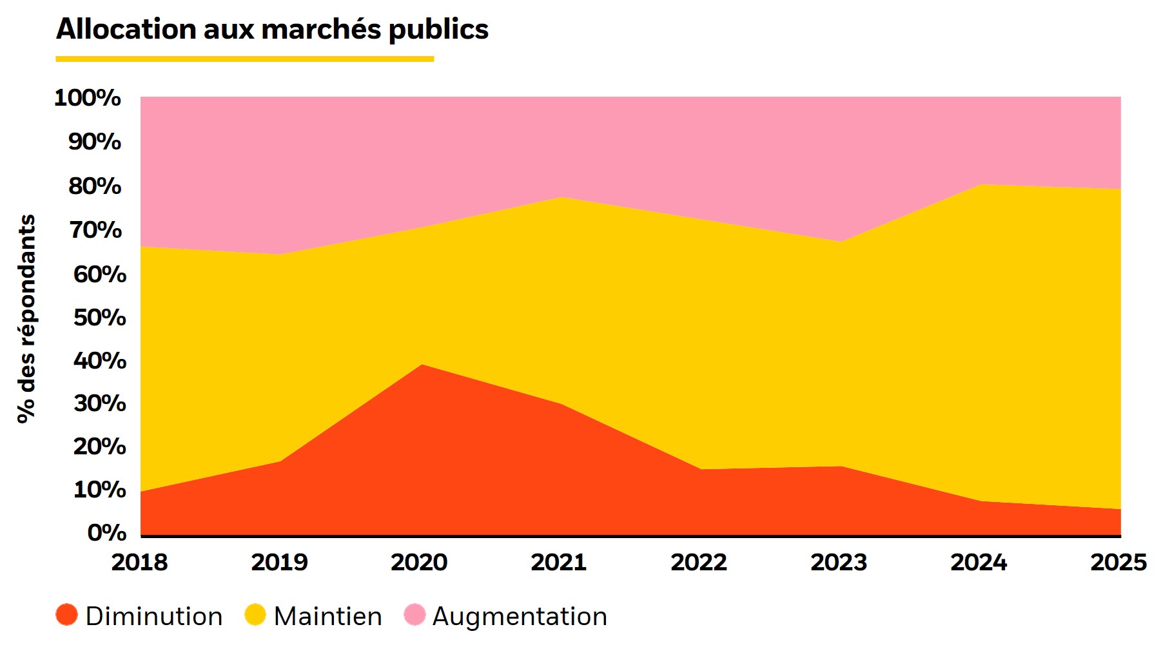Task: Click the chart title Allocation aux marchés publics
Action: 272,30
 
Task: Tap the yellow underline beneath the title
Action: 244,59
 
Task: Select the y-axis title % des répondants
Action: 26,318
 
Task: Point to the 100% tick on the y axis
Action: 88,98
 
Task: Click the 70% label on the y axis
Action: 95,230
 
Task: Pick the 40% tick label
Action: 99,361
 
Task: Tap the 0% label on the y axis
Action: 106,533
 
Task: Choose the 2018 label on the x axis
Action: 139,563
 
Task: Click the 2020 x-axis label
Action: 419,563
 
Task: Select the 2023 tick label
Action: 838,563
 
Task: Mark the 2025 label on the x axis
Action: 1118,563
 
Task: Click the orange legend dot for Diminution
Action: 67,615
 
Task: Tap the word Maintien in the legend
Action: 327,617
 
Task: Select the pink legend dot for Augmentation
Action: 415,615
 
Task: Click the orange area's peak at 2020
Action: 422,365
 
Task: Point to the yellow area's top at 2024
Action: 981,185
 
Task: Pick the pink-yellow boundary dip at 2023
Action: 840,242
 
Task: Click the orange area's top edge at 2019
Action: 280,461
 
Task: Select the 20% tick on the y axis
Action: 99,447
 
